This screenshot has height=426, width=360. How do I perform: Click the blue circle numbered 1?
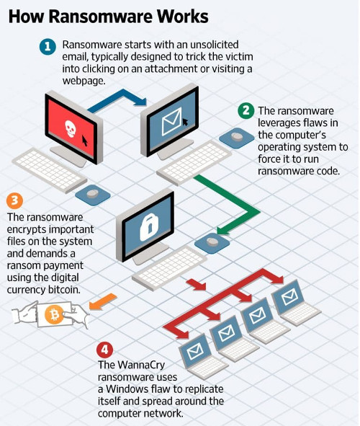pyautogui.click(x=48, y=47)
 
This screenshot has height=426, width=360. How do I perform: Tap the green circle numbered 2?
pyautogui.click(x=246, y=111)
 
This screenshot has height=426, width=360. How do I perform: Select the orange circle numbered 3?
pyautogui.click(x=14, y=200)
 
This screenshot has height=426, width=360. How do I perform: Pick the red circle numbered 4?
pyautogui.click(x=104, y=350)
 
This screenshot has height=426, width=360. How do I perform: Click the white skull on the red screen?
pyautogui.click(x=71, y=128)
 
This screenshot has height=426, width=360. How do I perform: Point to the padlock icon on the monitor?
pyautogui.click(x=149, y=227)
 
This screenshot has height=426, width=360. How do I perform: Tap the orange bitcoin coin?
pyautogui.click(x=54, y=314)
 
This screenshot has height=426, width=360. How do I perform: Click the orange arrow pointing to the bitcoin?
pyautogui.click(x=103, y=301)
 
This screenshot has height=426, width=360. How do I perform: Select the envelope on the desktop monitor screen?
pyautogui.click(x=172, y=122)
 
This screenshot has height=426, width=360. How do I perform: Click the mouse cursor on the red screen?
pyautogui.click(x=85, y=141)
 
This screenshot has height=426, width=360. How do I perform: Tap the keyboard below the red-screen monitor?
pyautogui.click(x=50, y=170)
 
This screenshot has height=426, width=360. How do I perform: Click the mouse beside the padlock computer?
pyautogui.click(x=212, y=243)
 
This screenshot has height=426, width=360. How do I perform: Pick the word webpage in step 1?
pyautogui.click(x=84, y=81)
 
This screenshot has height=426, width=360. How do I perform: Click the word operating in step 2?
pyautogui.click(x=282, y=147)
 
